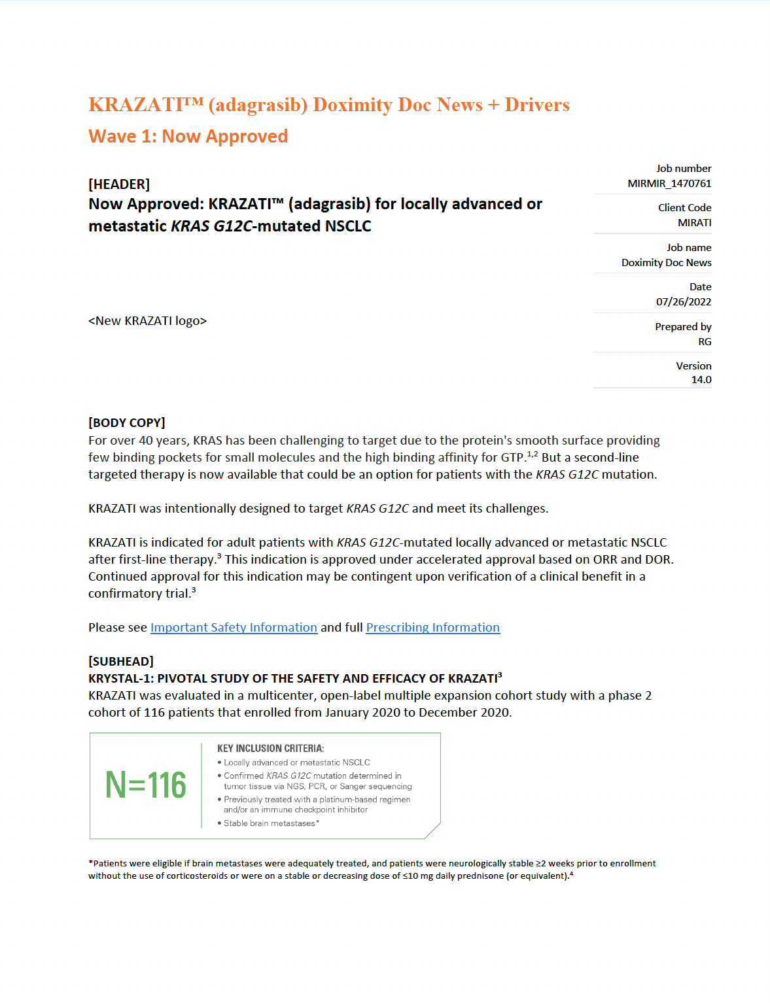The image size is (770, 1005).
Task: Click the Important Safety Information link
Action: (234, 628)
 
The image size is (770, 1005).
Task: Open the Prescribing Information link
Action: (432, 628)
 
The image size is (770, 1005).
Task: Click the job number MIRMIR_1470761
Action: (669, 184)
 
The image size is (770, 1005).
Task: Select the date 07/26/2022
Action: (684, 302)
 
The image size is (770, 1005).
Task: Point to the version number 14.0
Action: (701, 380)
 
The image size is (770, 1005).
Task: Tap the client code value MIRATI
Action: (694, 223)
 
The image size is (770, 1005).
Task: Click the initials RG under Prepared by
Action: (705, 342)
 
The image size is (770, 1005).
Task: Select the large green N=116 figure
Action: (146, 785)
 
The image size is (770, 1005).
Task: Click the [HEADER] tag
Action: (119, 184)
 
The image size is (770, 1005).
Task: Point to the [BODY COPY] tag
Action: (127, 423)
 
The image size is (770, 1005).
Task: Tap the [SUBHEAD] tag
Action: (121, 662)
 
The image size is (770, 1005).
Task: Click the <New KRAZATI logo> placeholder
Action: (147, 321)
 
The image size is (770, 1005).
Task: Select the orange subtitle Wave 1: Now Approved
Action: (188, 137)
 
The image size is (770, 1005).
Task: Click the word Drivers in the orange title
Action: (537, 105)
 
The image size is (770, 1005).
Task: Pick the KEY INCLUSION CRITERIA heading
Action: (270, 749)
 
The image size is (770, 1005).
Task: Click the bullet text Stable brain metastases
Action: (270, 823)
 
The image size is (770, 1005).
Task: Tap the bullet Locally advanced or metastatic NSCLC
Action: (296, 762)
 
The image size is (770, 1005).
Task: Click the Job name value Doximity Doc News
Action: (666, 263)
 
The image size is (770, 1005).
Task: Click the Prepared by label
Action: (683, 327)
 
